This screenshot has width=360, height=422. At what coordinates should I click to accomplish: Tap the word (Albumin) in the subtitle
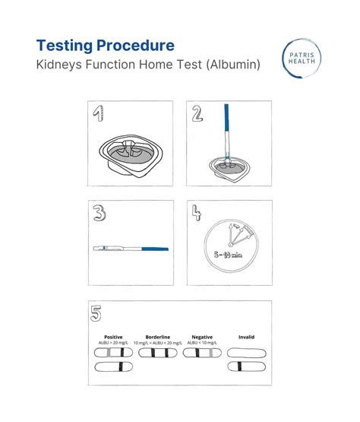point(231,65)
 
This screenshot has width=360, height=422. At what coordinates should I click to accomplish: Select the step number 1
point(98,114)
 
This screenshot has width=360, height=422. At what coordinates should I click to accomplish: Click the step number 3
point(99,214)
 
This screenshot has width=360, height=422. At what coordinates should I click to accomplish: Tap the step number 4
point(196,214)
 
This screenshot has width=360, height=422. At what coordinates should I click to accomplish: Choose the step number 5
point(96,313)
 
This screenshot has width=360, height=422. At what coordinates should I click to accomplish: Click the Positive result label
point(112,336)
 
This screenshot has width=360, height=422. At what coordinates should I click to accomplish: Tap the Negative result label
point(203,336)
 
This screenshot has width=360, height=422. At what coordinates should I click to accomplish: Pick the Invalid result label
point(246,336)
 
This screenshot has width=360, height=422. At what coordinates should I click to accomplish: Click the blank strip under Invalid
point(246,353)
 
